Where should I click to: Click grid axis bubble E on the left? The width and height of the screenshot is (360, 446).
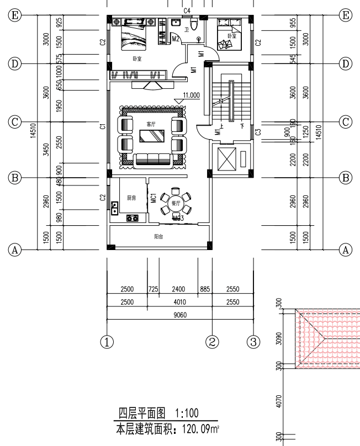coord(15,15)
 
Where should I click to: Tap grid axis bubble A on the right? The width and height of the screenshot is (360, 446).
coord(346,249)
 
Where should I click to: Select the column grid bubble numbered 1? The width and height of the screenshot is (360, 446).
coord(107,342)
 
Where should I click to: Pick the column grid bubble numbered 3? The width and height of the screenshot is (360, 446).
coord(253,342)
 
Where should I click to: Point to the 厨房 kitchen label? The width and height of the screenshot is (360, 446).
coord(131,198)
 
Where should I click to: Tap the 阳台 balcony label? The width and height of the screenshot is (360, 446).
coord(158,237)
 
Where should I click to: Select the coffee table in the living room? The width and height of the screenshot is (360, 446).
coord(152,136)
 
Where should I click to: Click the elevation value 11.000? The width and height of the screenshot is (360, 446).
coord(191,95)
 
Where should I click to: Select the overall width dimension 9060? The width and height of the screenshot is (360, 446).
coord(180,316)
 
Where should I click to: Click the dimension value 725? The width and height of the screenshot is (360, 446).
coord(153,289)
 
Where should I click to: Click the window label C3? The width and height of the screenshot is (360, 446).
coord(258,132)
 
